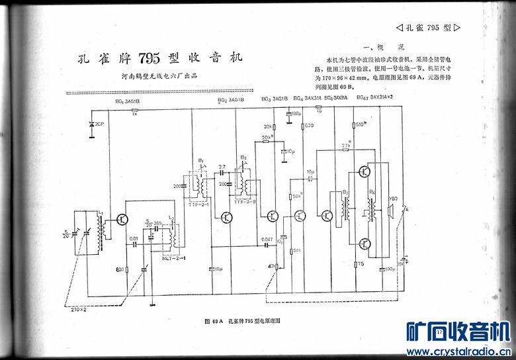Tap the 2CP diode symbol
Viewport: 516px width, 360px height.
click(x=91, y=124)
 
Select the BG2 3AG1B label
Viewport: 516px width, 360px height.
click(x=230, y=101)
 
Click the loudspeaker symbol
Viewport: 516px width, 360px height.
click(x=392, y=211)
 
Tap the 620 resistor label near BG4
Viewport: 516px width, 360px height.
click(x=308, y=125)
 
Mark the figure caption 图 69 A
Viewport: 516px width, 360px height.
click(x=216, y=320)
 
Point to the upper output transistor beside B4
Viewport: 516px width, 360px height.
click(x=365, y=172)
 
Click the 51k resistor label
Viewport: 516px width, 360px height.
click(x=298, y=250)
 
